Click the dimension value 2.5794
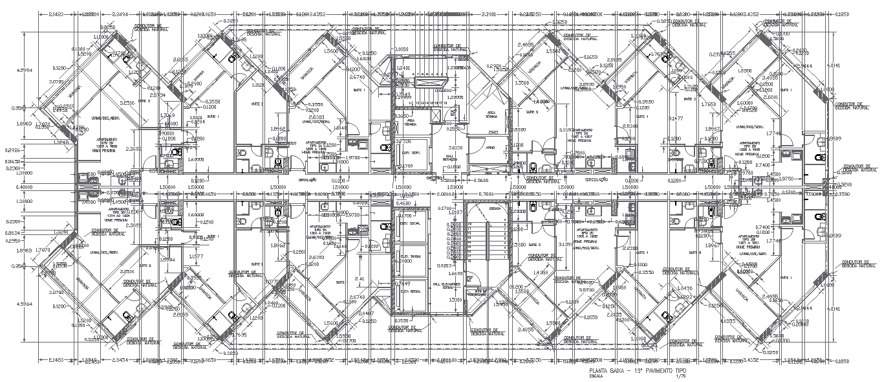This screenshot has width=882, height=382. coord(155,95)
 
